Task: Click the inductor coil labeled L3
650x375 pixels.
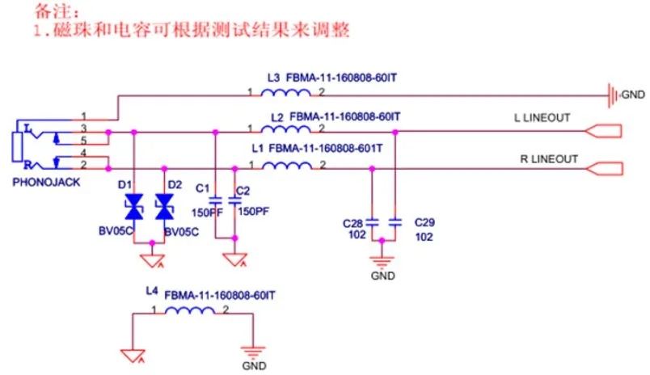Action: [288, 95]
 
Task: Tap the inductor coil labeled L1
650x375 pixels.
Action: [288, 167]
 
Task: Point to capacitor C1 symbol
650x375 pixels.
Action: [215, 199]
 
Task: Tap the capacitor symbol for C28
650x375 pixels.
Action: [372, 221]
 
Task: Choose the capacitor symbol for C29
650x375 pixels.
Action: [395, 221]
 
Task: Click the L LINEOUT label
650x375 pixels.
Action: [542, 118]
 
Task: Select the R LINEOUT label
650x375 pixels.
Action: [549, 158]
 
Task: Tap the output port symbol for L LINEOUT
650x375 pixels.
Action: [604, 131]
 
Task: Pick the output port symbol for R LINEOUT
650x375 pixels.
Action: [604, 168]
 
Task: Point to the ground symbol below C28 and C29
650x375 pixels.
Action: [382, 260]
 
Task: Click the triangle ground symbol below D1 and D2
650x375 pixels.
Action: [149, 260]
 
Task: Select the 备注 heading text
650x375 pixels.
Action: [57, 12]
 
